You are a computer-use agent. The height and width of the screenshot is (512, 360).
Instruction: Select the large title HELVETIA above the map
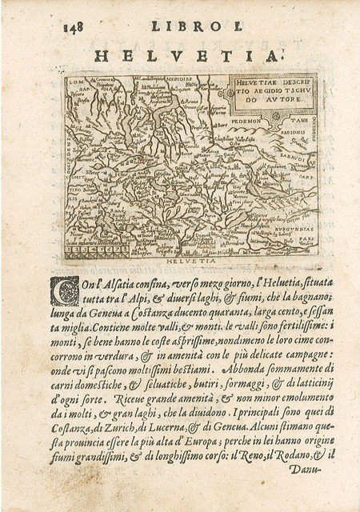click(189, 55)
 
